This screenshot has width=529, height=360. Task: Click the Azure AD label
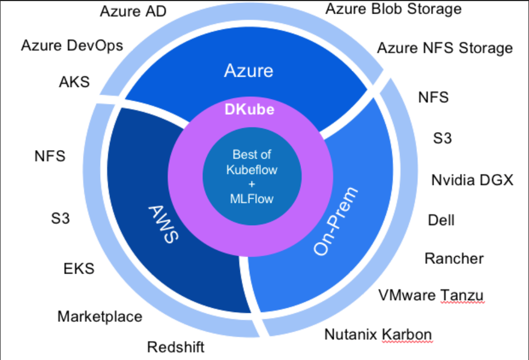(133, 11)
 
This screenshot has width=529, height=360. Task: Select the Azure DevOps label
(72, 45)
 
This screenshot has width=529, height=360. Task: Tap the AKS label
(74, 82)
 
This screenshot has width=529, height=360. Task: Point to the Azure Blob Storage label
(393, 9)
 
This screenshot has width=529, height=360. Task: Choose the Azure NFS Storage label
(445, 48)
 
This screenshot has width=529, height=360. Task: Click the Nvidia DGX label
(472, 179)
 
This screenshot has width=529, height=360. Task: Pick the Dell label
(441, 220)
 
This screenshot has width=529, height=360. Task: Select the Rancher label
(454, 258)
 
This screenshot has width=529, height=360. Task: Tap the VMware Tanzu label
(431, 295)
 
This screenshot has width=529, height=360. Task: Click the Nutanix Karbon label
(378, 334)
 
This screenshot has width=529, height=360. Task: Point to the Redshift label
(176, 346)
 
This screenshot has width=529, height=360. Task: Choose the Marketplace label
(100, 316)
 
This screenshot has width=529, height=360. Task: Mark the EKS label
(79, 268)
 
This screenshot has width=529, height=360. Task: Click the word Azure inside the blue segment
(249, 71)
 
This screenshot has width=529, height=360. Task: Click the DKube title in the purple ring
(250, 109)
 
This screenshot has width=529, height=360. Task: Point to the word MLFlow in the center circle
(251, 198)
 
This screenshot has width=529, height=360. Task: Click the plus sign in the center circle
(251, 184)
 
